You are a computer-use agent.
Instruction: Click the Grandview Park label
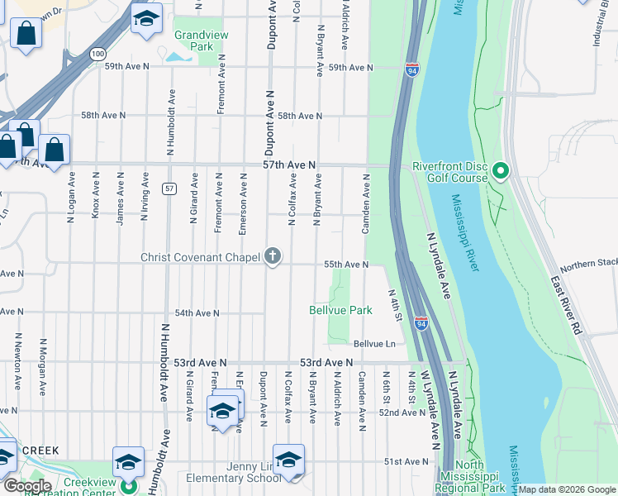(194, 41)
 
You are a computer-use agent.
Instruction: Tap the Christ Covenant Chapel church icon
(273, 256)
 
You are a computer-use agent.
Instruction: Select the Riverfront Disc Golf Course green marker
(500, 172)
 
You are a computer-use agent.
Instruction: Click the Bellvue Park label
(340, 310)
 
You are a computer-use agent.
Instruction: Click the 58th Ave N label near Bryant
(299, 116)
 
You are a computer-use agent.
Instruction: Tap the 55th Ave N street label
(345, 264)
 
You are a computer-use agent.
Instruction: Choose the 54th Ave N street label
(197, 312)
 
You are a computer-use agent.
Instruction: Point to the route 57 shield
(169, 188)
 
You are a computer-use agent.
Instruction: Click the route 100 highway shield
(98, 54)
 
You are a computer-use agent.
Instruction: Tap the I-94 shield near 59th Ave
(411, 72)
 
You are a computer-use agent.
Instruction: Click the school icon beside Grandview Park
(146, 18)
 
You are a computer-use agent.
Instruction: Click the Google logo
(28, 485)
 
